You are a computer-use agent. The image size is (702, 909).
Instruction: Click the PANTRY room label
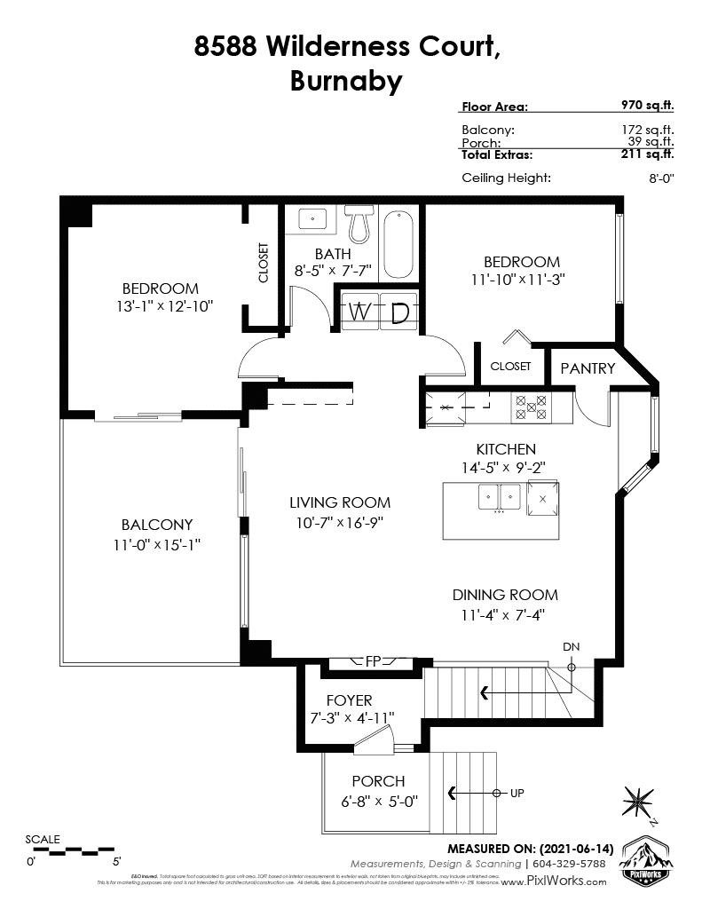coord(588,368)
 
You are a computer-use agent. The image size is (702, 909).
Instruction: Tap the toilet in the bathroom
coord(359,225)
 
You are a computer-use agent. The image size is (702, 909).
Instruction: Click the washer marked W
coord(359,312)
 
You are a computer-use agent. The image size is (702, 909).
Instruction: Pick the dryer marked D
coord(399,312)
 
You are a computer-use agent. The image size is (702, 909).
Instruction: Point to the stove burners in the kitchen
coord(531,407)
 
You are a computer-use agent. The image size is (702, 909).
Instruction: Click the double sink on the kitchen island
coord(499,496)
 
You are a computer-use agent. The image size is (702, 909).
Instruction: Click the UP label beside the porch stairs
coord(517,793)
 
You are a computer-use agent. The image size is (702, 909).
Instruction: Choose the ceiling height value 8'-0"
coord(661,178)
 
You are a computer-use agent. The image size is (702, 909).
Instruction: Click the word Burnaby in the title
coord(346,82)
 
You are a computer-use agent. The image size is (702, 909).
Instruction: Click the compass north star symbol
coord(638,800)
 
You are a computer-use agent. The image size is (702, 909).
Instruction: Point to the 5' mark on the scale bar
coord(116,860)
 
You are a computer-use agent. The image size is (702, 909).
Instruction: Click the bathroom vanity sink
coord(312,218)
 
